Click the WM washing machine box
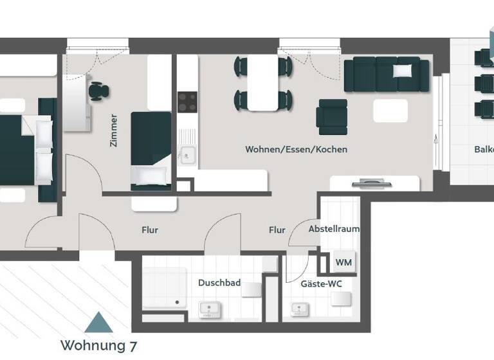(x=343, y=262)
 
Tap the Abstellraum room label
(x=334, y=229)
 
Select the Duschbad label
(x=219, y=283)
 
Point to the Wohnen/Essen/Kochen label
(x=296, y=149)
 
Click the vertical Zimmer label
(x=114, y=131)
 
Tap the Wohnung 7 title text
(x=98, y=345)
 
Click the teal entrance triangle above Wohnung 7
(x=98, y=322)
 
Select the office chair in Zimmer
(x=99, y=91)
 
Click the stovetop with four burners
(x=187, y=102)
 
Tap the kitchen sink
(x=187, y=154)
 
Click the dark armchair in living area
(x=332, y=116)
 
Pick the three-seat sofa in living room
(x=387, y=75)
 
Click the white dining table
(x=263, y=82)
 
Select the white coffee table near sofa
(x=390, y=111)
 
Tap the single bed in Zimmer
(x=151, y=150)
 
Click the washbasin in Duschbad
(x=208, y=310)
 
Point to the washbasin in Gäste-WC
(x=297, y=310)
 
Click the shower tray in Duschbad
(x=164, y=286)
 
